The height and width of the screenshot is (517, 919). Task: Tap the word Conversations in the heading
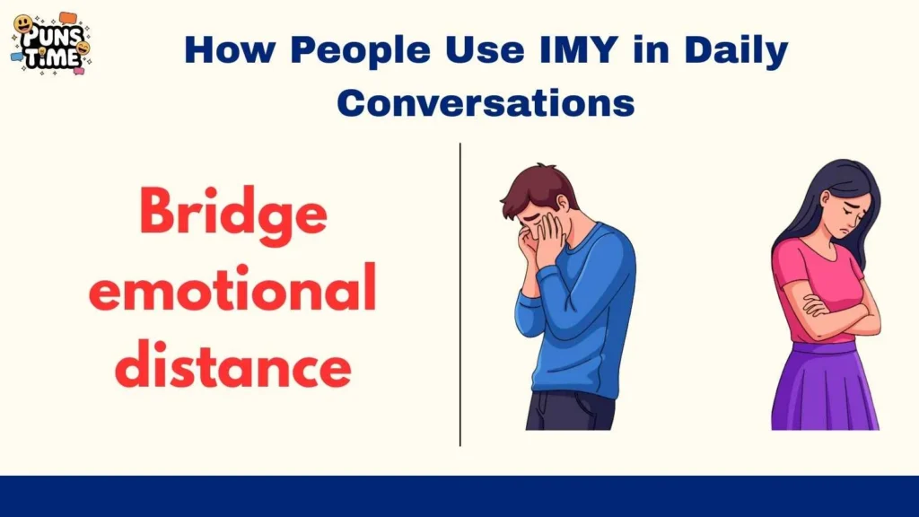coord(486,103)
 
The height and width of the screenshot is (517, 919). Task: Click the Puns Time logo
coord(50,43)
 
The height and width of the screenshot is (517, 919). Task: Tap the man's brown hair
coord(536,188)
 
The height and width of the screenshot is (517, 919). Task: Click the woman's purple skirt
coord(812,386)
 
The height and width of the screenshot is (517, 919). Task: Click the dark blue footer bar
coord(459,496)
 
